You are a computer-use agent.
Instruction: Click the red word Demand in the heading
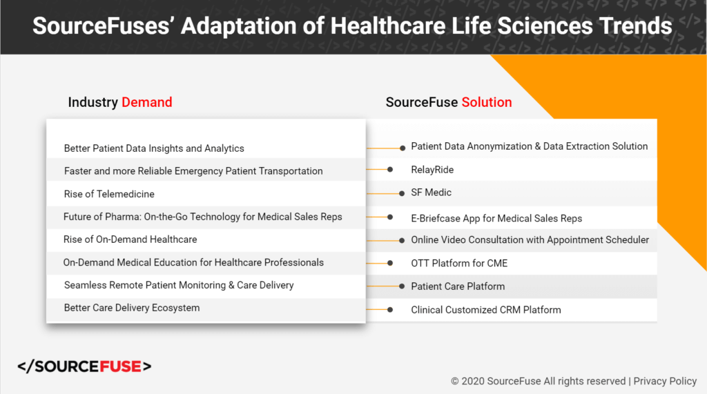[147, 102]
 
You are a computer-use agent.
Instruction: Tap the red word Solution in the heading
[487, 102]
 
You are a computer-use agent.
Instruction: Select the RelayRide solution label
[432, 170]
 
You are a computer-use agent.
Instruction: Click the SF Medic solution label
[431, 193]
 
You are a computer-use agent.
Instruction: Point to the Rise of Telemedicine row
[109, 195]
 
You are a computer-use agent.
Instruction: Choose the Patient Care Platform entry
[458, 286]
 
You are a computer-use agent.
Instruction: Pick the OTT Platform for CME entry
[459, 264]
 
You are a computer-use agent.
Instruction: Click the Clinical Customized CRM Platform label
[486, 310]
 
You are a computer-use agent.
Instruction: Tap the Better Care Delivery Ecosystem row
[132, 308]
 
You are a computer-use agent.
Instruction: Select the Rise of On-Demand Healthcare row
[130, 239]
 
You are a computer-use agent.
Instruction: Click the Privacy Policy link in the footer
[665, 382]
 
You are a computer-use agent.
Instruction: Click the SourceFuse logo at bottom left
[84, 366]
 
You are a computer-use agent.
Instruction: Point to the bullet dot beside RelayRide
[390, 170]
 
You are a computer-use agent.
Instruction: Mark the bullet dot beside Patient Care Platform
[402, 286]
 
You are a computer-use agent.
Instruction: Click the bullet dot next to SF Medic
[402, 193]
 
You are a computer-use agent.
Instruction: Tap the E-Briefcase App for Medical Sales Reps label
[496, 219]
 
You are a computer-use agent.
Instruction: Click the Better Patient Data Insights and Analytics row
[154, 149]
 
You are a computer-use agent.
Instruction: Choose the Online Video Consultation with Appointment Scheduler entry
[530, 240]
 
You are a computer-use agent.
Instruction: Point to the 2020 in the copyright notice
[473, 382]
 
